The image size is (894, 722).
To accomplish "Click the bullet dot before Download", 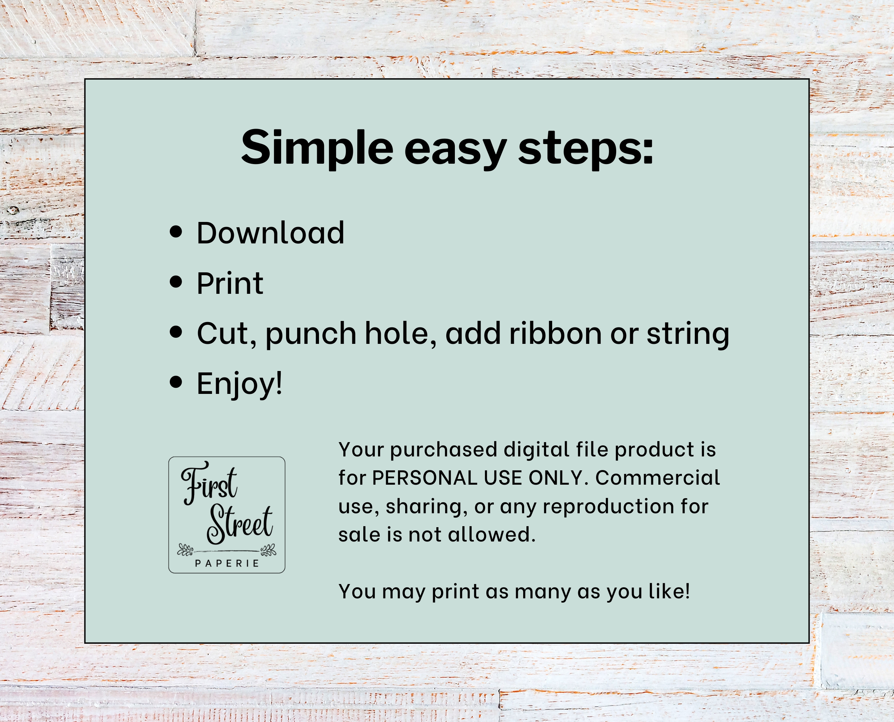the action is point(176,232).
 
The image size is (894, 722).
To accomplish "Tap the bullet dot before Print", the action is point(176,282).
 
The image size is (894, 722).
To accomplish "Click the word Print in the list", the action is point(230,283).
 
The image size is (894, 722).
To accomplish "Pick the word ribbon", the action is point(555,333).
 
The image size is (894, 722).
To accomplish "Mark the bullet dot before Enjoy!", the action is point(176,382).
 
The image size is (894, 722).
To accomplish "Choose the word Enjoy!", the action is point(240,384).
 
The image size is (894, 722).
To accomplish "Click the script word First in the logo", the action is point(209,483).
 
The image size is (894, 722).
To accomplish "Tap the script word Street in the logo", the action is point(240,524).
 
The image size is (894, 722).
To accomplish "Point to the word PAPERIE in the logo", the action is point(227,564).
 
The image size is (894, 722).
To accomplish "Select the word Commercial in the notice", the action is point(657,478).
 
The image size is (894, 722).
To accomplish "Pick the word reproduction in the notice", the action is point(609,506).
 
